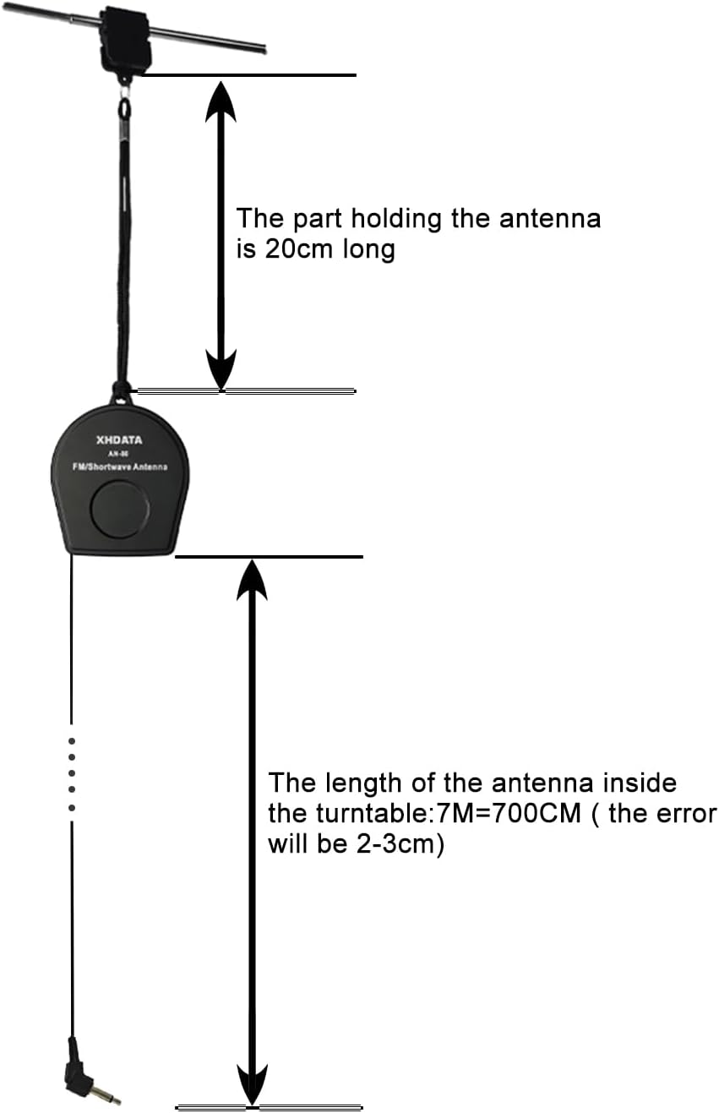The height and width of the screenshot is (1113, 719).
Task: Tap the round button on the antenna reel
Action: [x=120, y=510]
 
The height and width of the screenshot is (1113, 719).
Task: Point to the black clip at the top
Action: [x=125, y=38]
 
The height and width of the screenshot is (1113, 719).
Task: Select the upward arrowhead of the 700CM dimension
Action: [x=252, y=581]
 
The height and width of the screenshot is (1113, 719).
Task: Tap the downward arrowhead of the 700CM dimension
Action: [x=252, y=1082]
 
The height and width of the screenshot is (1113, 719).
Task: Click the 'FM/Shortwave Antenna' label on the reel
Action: [x=119, y=467]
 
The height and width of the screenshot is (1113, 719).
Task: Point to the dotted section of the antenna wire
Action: [x=72, y=773]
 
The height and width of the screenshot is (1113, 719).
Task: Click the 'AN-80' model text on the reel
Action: [x=119, y=453]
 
